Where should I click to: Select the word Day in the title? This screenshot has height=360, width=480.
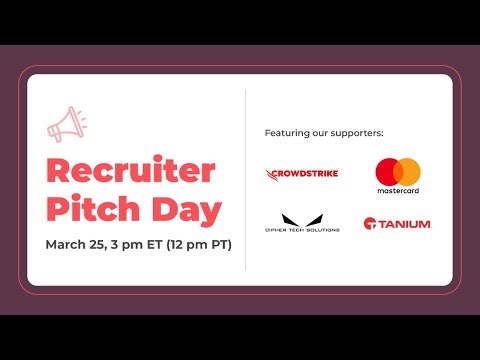(189, 211)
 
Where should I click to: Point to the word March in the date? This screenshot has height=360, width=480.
(66, 245)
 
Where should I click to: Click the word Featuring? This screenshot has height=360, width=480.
(287, 133)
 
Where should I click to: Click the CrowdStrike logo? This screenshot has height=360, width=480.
(303, 173)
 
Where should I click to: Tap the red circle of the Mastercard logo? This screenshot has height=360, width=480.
(388, 170)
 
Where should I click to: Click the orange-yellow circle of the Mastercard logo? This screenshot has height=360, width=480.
(408, 170)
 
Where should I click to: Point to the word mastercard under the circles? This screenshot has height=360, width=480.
(398, 189)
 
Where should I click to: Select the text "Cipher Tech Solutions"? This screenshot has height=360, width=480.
(302, 230)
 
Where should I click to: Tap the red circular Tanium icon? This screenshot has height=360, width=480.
(370, 223)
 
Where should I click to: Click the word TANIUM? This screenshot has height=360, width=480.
(405, 223)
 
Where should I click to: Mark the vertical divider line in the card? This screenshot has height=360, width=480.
(246, 180)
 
